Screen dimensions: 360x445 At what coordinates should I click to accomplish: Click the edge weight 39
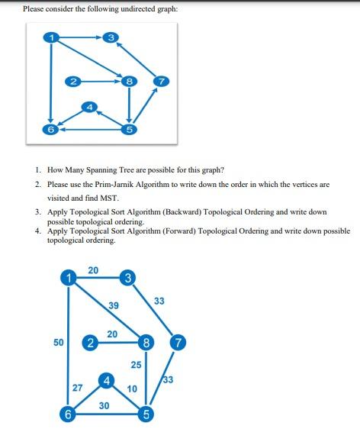point(113,305)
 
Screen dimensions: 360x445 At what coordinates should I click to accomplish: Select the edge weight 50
point(58,343)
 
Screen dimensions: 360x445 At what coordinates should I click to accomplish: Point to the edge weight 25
point(137,364)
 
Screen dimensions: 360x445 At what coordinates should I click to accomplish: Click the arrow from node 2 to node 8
point(100,79)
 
